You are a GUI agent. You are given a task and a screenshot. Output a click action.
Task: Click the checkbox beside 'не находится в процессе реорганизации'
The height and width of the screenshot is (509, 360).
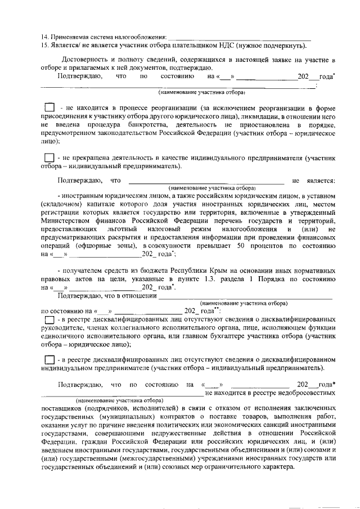point(49,107)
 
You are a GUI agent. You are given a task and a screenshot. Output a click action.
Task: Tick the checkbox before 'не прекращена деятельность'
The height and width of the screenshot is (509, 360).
point(49,158)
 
